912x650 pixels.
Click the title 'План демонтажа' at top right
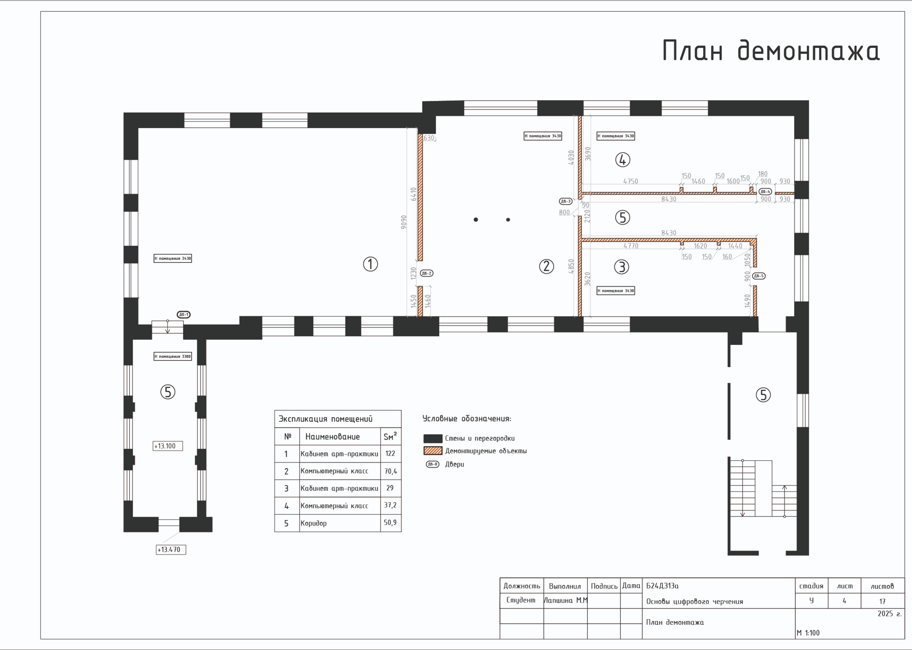pos(771,51)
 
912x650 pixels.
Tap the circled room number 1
pos(370,264)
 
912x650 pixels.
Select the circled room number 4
pos(623,160)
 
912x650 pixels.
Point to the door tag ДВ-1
pos(184,315)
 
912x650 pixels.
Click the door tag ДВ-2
pos(426,273)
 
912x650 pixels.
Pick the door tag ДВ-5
pos(759,276)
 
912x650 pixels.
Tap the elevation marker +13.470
pos(171,550)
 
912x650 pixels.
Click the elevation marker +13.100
pos(168,446)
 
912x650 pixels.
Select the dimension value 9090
pos(404,222)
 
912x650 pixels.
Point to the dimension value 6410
pos(414,194)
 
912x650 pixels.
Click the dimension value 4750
pos(630,181)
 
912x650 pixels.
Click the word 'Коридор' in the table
pos(313,523)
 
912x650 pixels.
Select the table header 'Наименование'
pos(332,437)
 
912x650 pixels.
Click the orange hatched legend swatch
pos(433,451)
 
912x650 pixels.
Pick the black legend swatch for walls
pos(433,438)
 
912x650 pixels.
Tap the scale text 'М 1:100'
pos(808,633)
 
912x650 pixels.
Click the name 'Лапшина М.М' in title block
pos(566,600)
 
